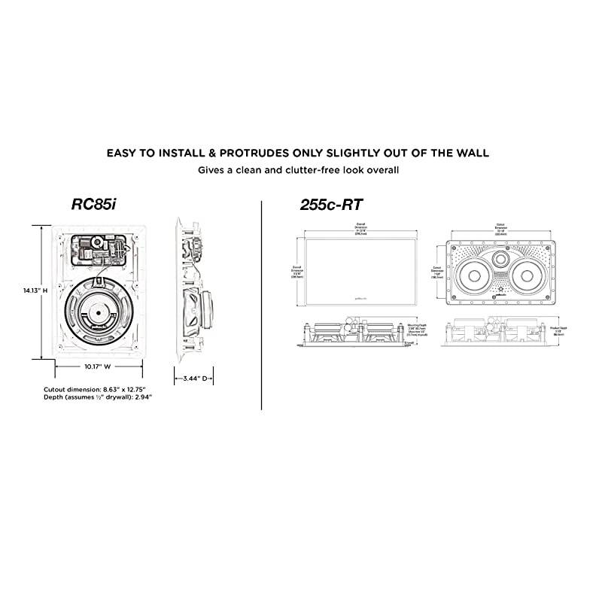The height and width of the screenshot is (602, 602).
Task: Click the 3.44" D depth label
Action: [x=194, y=379]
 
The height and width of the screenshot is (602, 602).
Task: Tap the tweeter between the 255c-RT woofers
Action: [x=503, y=260]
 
